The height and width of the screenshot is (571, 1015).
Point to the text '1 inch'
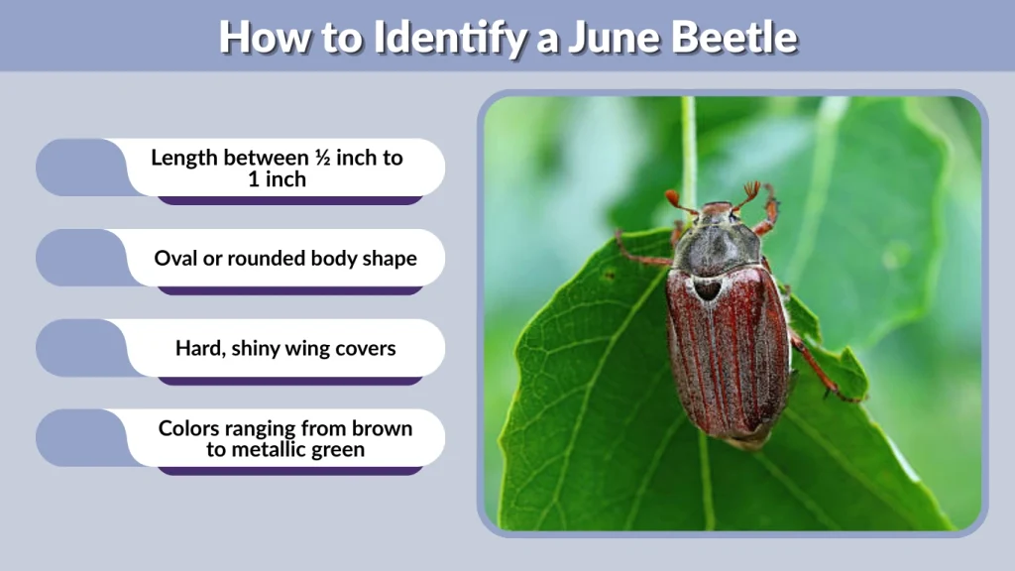tap(278, 179)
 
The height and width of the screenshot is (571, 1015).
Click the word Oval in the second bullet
tap(176, 259)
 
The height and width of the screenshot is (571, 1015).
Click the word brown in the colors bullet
tap(378, 428)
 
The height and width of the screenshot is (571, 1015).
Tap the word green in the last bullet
tap(337, 449)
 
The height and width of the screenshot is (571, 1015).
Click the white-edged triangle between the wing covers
tap(707, 288)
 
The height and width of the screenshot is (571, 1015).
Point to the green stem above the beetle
tap(688, 149)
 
